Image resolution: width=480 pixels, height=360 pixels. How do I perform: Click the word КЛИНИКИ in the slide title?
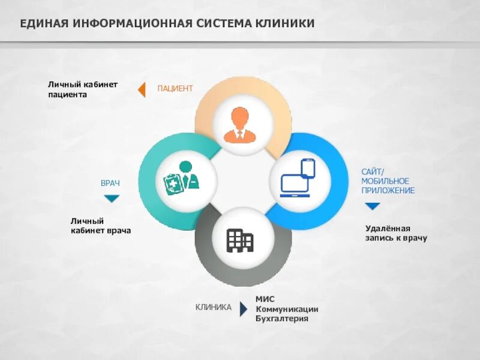click(x=285, y=23)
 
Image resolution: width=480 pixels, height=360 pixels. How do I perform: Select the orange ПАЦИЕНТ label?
click(x=175, y=89)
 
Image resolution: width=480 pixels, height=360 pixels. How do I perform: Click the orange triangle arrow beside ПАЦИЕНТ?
click(x=142, y=89)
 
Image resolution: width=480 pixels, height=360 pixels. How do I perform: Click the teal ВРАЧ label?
click(x=110, y=183)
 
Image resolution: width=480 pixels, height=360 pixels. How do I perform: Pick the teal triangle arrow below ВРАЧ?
click(x=112, y=199)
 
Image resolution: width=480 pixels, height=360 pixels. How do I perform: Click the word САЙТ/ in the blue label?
click(x=372, y=172)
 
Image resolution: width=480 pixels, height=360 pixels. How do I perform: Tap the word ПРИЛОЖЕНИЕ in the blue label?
click(x=388, y=191)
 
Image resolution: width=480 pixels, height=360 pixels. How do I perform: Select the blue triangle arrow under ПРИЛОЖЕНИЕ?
click(x=373, y=206)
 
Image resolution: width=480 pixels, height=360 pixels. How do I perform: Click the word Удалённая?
click(x=388, y=229)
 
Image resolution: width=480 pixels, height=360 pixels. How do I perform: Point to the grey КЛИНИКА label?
click(x=213, y=307)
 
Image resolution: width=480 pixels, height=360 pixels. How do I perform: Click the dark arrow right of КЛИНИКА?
click(x=243, y=308)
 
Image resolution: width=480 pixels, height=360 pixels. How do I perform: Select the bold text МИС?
click(x=265, y=299)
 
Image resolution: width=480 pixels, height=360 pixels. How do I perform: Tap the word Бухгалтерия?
click(x=281, y=319)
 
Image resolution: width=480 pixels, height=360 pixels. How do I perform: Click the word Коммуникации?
click(x=287, y=309)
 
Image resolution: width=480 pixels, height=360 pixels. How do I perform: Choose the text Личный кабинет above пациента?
click(x=83, y=85)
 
